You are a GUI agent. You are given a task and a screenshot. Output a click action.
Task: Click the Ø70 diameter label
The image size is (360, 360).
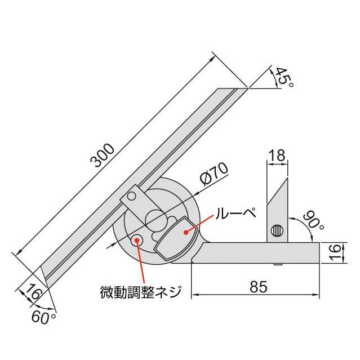click(212, 175)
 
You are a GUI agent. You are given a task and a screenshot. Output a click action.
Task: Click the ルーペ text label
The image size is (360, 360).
click(233, 213)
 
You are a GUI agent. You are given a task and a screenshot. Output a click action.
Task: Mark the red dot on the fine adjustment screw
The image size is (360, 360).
click(137, 239)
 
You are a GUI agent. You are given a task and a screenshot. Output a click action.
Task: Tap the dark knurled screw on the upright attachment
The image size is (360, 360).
click(277, 231)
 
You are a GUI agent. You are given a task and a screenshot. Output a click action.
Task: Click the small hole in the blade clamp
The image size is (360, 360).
click(131, 196)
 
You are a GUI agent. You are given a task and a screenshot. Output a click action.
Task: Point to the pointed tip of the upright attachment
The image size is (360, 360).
click(287, 176)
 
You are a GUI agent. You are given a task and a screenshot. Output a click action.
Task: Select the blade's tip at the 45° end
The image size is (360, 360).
click(247, 88)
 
